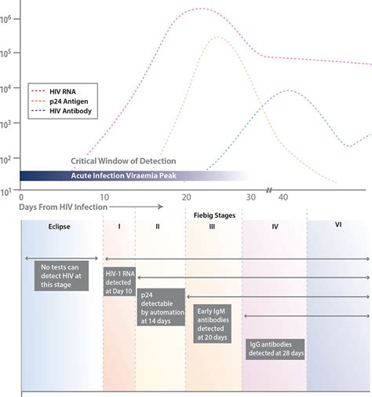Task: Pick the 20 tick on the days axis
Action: point(186,197)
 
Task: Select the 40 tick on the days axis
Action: point(284,197)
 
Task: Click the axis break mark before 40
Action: point(268,191)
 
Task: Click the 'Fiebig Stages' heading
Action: point(213,213)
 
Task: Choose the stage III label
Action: point(213,226)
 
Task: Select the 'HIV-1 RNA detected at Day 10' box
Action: point(119,281)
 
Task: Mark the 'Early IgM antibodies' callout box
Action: point(212,324)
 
